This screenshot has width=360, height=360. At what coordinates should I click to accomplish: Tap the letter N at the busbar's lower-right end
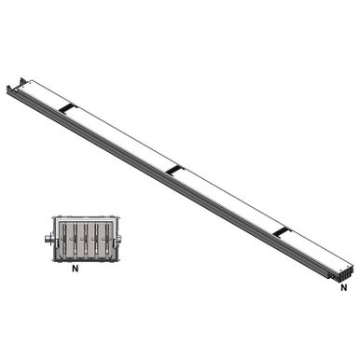343,286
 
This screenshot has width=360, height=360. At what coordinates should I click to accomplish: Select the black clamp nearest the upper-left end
66,108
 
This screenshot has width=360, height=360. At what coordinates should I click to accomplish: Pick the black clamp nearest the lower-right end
282,228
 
